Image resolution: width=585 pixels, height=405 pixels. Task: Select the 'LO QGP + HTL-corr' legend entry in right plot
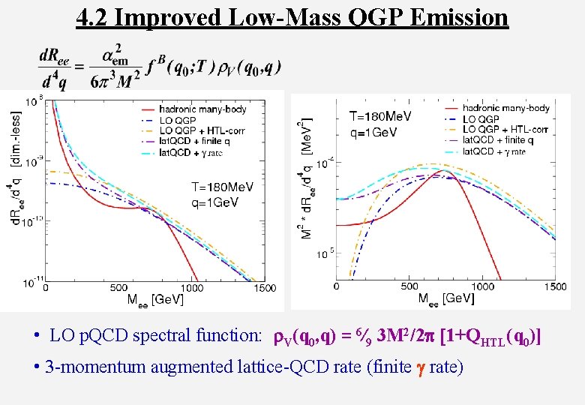(x=505, y=130)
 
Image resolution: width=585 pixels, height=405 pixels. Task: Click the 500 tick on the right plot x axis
(x=409, y=286)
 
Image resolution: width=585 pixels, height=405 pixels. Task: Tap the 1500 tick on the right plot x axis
(x=556, y=286)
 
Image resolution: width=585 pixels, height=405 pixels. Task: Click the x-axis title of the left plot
(x=158, y=300)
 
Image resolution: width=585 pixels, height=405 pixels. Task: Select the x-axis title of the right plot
(x=446, y=298)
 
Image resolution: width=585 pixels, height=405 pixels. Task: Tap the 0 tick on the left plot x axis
(x=46, y=288)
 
